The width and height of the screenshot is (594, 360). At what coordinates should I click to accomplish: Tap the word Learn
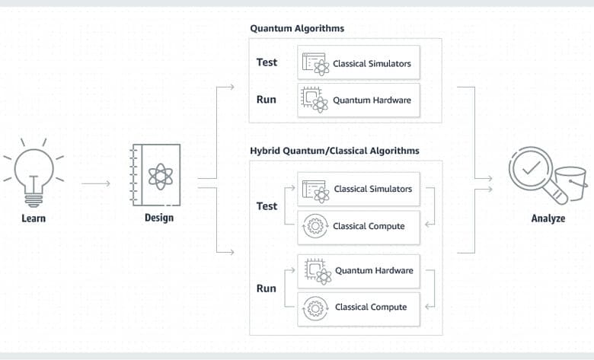click(34, 218)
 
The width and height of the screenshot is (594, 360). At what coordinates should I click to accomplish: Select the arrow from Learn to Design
click(95, 183)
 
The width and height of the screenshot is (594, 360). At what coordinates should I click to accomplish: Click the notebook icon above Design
click(155, 175)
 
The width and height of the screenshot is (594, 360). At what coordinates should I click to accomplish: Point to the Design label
click(159, 218)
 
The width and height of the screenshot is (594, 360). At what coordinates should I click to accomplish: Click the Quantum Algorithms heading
click(297, 28)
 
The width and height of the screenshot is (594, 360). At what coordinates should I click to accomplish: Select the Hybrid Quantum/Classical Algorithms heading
click(334, 151)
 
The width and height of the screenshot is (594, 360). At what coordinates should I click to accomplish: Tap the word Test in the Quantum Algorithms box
click(267, 62)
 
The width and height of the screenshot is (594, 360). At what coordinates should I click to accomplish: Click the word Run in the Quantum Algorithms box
click(267, 100)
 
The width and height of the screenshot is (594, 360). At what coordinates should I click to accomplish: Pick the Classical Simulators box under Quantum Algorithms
click(359, 62)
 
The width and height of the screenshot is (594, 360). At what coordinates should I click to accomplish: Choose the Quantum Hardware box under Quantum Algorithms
click(359, 100)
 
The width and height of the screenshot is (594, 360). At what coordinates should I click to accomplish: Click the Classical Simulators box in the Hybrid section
click(359, 189)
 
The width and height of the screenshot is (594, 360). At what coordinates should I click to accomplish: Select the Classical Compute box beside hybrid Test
click(359, 228)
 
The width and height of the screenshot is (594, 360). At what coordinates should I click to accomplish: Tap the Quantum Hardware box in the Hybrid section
click(359, 272)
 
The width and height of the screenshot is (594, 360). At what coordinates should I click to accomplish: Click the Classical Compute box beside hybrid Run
click(359, 309)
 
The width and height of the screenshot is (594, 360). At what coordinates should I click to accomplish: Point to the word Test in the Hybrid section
click(267, 206)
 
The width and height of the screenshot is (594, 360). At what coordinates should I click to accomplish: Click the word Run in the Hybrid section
click(267, 288)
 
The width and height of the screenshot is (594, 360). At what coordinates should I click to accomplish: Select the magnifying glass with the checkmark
click(538, 175)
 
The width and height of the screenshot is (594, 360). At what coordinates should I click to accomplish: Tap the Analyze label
click(548, 218)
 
